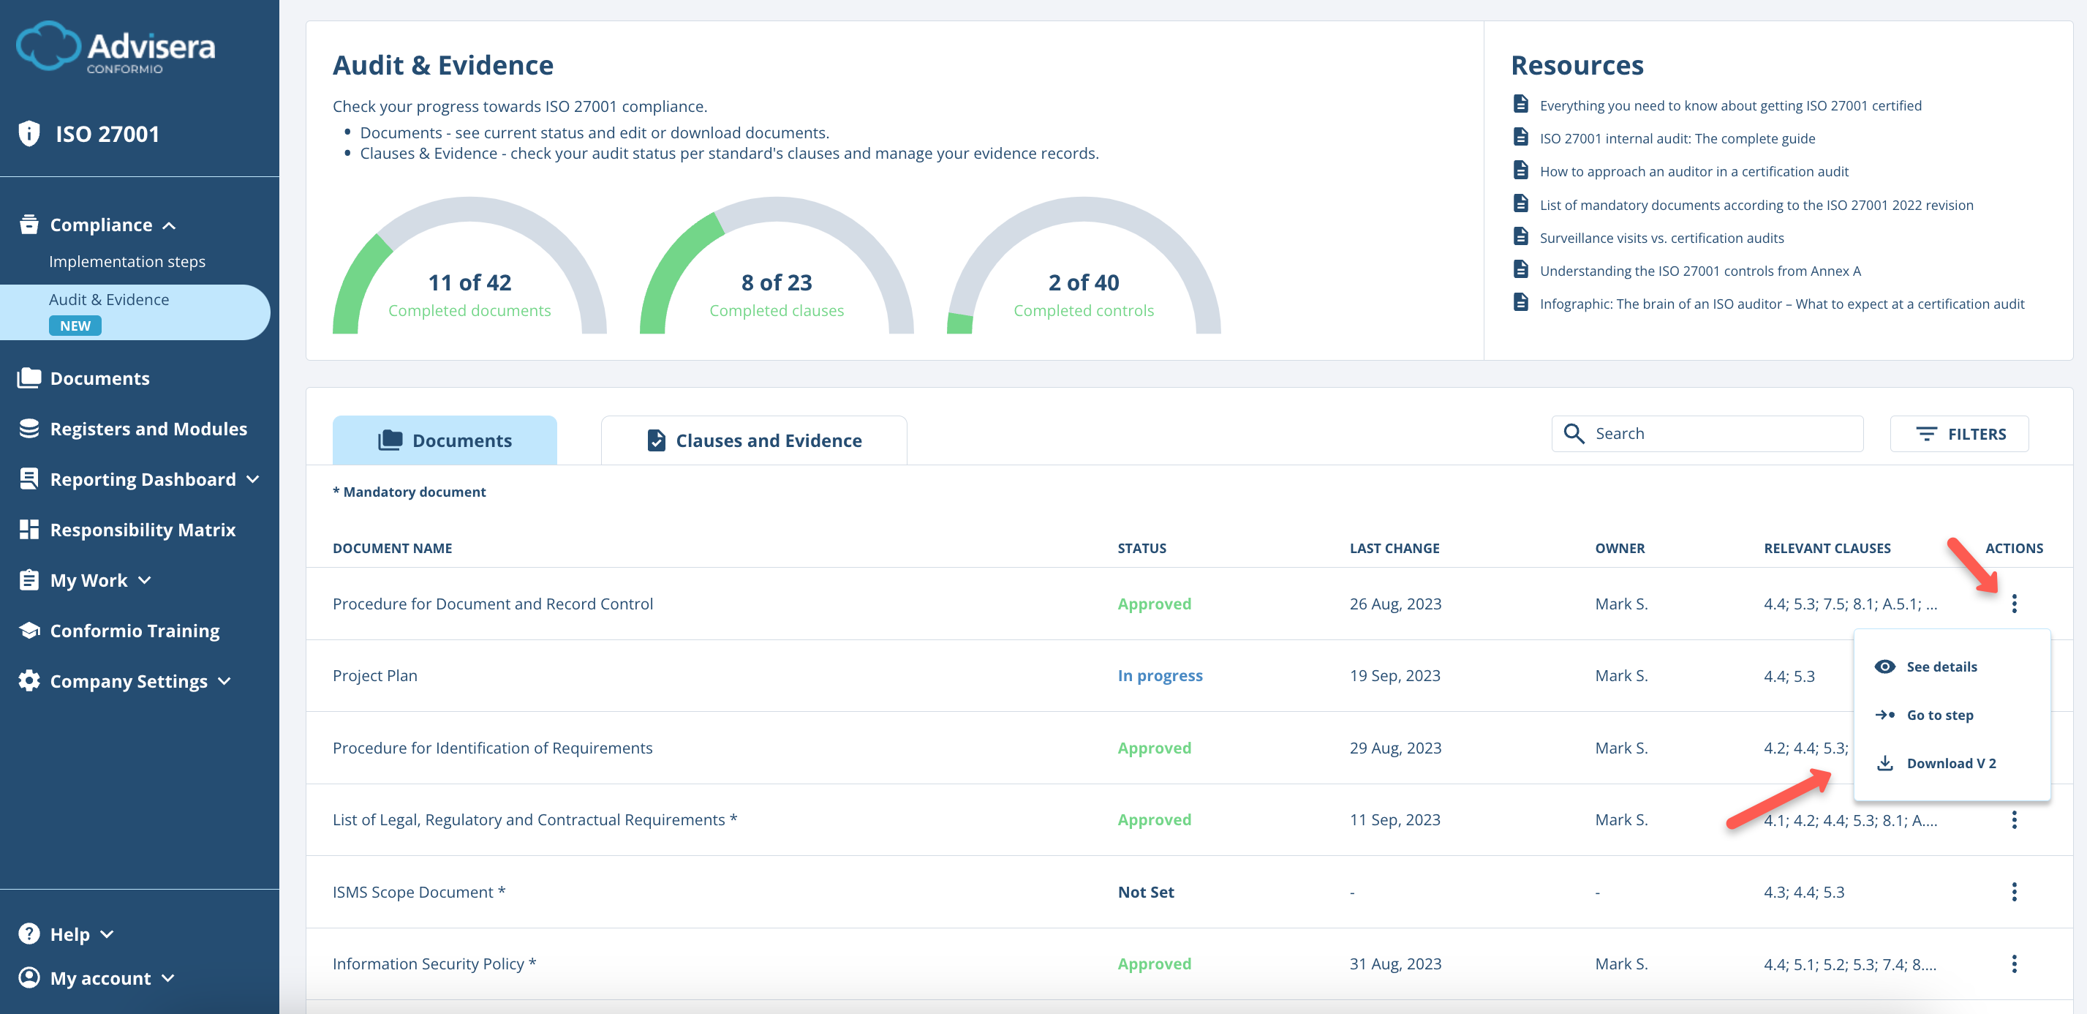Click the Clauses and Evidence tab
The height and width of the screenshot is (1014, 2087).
tap(753, 440)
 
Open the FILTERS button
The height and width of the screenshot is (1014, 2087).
tap(1959, 434)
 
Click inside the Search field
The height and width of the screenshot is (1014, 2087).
tap(1718, 434)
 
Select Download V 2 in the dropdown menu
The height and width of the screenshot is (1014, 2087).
tap(1950, 763)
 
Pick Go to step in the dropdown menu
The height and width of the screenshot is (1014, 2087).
tap(1939, 714)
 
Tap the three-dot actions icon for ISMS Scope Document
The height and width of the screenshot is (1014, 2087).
tap(2013, 892)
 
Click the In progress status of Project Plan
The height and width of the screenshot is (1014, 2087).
tap(1159, 675)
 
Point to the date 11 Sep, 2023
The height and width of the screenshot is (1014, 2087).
tap(1395, 819)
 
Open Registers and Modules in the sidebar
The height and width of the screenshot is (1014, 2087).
tap(148, 429)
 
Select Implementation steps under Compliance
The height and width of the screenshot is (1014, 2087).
tap(127, 261)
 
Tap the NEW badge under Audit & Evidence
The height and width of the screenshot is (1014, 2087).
tap(75, 325)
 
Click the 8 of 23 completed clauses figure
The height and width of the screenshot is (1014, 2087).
tap(776, 282)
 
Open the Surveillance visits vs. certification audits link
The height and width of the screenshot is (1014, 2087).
tap(1661, 238)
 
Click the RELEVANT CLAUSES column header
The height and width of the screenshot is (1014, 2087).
tap(1827, 548)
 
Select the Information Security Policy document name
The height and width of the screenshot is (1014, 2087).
tap(428, 963)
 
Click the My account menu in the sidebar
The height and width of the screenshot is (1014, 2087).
tap(100, 977)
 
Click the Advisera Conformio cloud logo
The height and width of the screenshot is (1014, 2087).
tap(48, 46)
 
